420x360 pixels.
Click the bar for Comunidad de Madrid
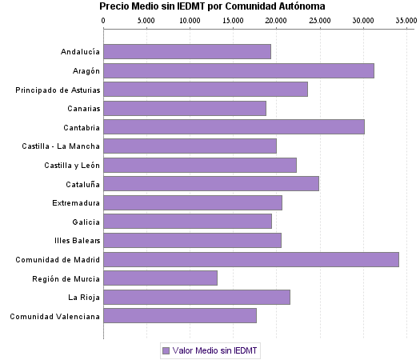(x=251, y=259)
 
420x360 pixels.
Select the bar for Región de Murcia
(x=160, y=278)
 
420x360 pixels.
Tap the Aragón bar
(x=238, y=70)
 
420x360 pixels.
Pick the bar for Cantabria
(x=234, y=127)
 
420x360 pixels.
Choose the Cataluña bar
(x=211, y=184)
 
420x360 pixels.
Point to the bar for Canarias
(x=185, y=108)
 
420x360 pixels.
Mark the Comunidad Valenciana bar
(x=180, y=316)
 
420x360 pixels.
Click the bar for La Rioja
(x=197, y=297)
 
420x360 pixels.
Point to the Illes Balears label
(x=77, y=241)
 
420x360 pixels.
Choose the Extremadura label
(x=76, y=202)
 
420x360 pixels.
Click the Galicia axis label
(x=86, y=222)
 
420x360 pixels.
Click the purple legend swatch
(x=166, y=350)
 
